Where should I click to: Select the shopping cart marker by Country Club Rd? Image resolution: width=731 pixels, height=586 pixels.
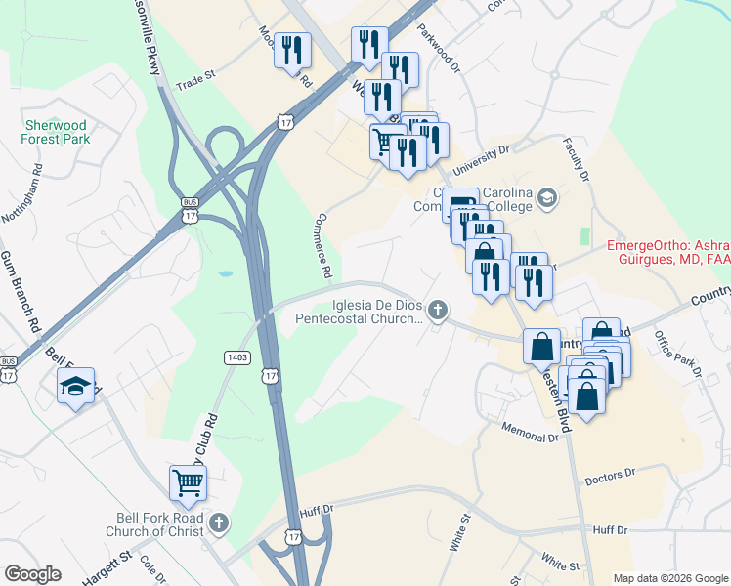coord(188,481)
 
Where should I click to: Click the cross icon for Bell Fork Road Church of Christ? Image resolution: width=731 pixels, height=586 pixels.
coord(219,523)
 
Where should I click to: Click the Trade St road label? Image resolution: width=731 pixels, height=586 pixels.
coord(194,80)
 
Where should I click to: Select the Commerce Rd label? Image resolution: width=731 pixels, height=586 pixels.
coord(326,244)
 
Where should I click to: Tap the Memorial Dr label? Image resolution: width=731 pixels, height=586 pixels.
coord(529,433)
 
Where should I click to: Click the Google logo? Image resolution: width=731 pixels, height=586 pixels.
coord(33,574)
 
